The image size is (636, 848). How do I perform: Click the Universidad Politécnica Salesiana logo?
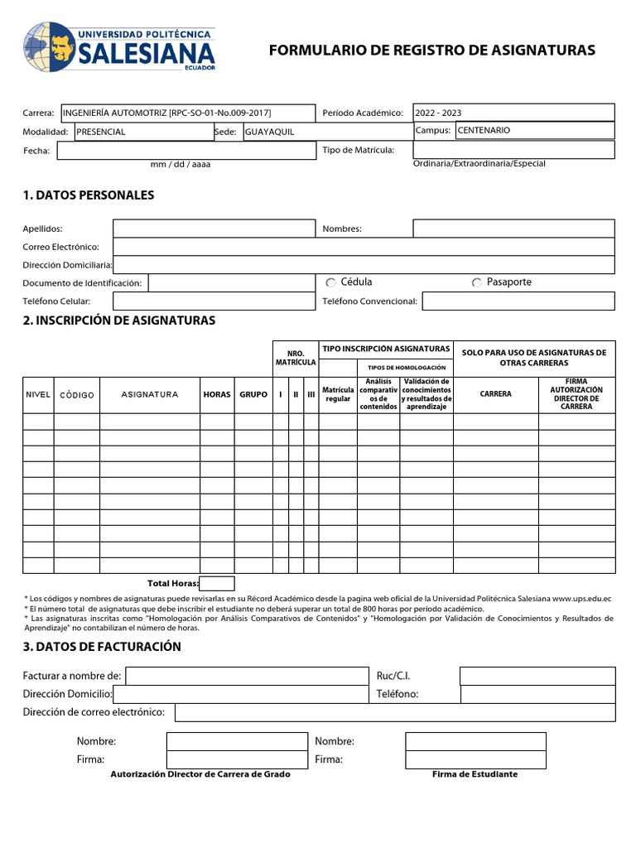coord(120,46)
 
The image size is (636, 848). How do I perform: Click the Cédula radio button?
coord(330,283)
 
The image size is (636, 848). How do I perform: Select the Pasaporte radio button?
coord(476,283)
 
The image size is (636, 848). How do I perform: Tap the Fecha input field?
coord(185,150)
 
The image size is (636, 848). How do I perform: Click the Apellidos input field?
coord(214,229)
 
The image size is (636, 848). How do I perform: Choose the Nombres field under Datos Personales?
coord(513,229)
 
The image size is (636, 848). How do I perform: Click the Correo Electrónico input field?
coord(364,247)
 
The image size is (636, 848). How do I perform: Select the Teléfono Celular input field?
coord(214,301)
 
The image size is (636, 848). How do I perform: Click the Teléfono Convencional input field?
coord(518,301)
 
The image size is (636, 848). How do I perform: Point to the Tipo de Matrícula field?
coord(513,150)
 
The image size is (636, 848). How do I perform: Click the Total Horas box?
coord(217,583)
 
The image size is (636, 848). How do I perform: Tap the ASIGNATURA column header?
coord(150,395)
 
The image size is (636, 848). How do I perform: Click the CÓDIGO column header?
coord(77,395)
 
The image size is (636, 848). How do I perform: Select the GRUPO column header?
coord(253,395)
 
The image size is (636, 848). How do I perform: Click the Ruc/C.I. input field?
coord(537,676)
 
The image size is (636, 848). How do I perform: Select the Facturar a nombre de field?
coord(246,677)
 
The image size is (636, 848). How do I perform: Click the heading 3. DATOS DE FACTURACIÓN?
coord(102,647)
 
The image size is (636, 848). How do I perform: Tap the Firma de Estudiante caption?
coord(475,774)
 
